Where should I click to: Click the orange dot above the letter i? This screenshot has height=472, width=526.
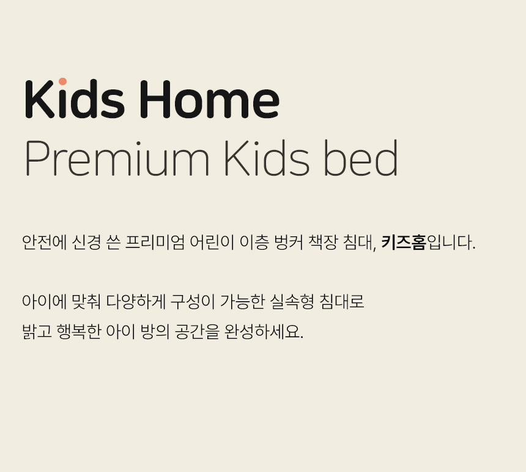pyautogui.click(x=63, y=81)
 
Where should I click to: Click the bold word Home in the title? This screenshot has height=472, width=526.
pyautogui.click(x=209, y=99)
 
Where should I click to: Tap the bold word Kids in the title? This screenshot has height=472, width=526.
pyautogui.click(x=75, y=99)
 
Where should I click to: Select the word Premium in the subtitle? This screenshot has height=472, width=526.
pyautogui.click(x=117, y=158)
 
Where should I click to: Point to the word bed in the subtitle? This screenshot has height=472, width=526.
pyautogui.click(x=361, y=157)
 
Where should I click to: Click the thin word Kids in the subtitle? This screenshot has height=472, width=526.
pyautogui.click(x=267, y=157)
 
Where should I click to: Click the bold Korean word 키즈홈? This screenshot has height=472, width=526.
pyautogui.click(x=404, y=242)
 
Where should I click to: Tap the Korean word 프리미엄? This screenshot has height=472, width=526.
pyautogui.click(x=155, y=242)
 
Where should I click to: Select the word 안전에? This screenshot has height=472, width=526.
pyautogui.click(x=45, y=242)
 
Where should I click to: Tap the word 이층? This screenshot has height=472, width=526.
pyautogui.click(x=254, y=242)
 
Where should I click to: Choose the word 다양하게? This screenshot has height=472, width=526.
pyautogui.click(x=136, y=301)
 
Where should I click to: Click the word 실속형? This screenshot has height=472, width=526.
pyautogui.click(x=292, y=301)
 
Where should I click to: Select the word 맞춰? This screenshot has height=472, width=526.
pyautogui.click(x=86, y=301)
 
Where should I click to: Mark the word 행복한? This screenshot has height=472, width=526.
pyautogui.click(x=79, y=332)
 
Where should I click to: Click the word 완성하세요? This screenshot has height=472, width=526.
pyautogui.click(x=264, y=332)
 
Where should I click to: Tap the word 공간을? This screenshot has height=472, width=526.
pyautogui.click(x=197, y=332)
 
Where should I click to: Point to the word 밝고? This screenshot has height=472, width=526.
pyautogui.click(x=37, y=332)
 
